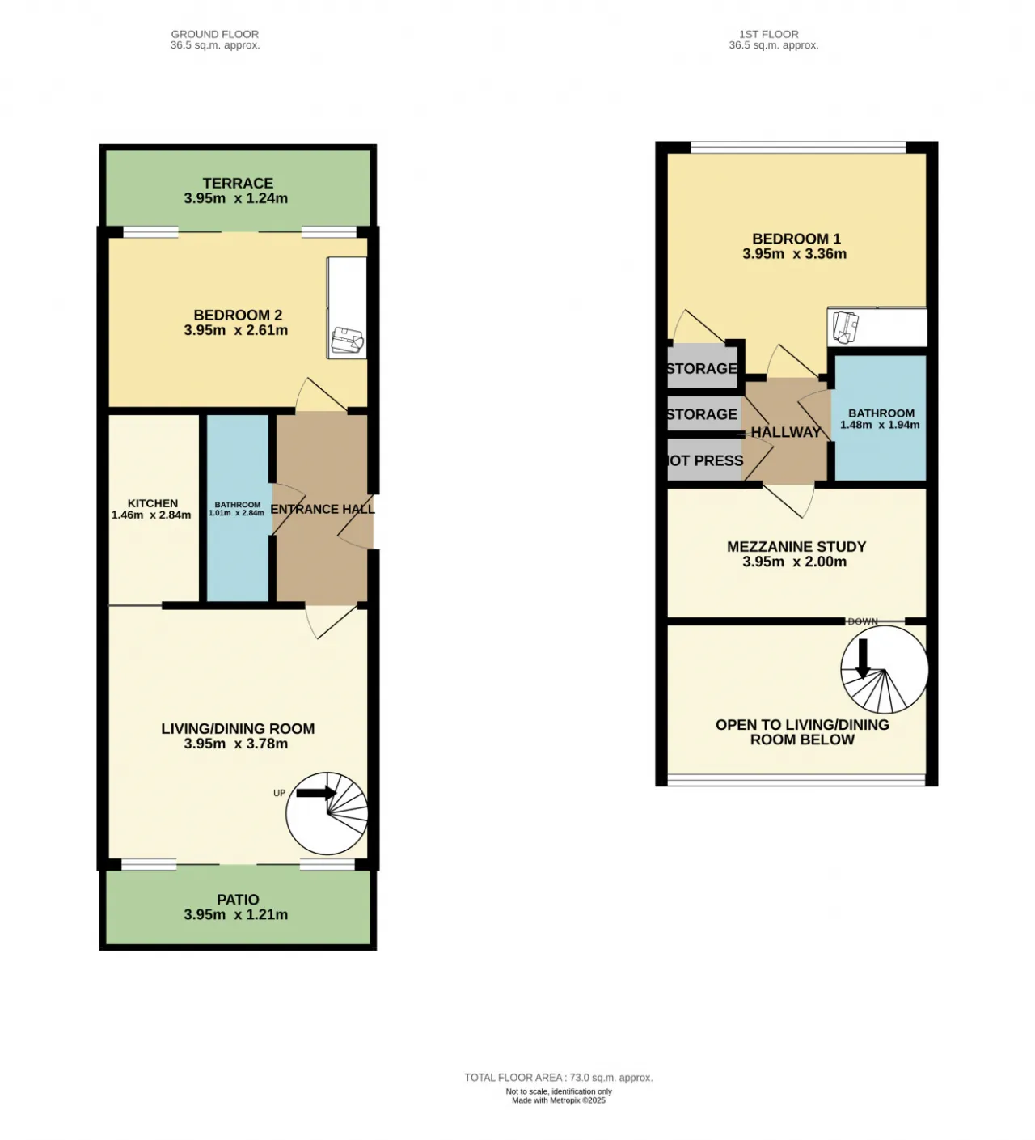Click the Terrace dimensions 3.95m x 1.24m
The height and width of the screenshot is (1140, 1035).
click(x=236, y=198)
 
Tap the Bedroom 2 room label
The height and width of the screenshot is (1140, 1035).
click(x=238, y=315)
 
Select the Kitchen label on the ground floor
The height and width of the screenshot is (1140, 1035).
click(x=153, y=503)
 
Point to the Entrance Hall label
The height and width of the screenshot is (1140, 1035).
click(x=323, y=509)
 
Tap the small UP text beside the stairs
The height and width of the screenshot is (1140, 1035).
click(x=279, y=793)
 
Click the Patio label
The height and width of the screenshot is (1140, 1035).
click(x=238, y=900)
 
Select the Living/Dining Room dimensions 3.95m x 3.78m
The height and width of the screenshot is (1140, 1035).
click(x=236, y=744)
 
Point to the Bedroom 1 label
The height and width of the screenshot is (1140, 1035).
click(x=796, y=239)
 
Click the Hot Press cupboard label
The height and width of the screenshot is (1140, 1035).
click(x=705, y=460)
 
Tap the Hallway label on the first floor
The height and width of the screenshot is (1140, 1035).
click(x=786, y=433)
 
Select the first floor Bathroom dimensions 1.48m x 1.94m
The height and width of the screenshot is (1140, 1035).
click(x=880, y=425)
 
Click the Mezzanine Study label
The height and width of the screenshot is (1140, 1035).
click(x=796, y=547)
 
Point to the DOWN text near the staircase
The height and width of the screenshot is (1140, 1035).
click(x=863, y=621)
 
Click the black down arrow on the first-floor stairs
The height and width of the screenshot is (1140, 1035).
click(x=863, y=658)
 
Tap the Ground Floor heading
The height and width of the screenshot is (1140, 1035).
click(x=215, y=34)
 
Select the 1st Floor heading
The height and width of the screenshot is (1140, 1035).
click(x=769, y=34)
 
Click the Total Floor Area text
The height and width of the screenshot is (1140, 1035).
click(x=559, y=1078)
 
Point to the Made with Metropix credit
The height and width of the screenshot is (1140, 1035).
click(x=559, y=1100)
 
